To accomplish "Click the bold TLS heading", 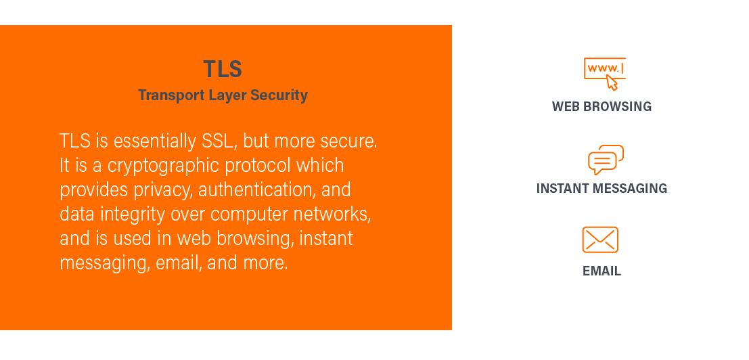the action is click(223, 69).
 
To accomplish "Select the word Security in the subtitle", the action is click(279, 95).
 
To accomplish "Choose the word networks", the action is click(332, 214).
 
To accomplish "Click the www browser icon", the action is click(604, 70).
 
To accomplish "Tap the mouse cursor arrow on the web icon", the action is click(612, 83).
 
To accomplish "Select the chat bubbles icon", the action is click(605, 160).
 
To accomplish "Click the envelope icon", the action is click(600, 240).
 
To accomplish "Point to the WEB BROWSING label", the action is click(602, 106).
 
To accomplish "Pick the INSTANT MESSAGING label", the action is click(602, 188).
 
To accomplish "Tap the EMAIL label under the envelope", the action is click(602, 271).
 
